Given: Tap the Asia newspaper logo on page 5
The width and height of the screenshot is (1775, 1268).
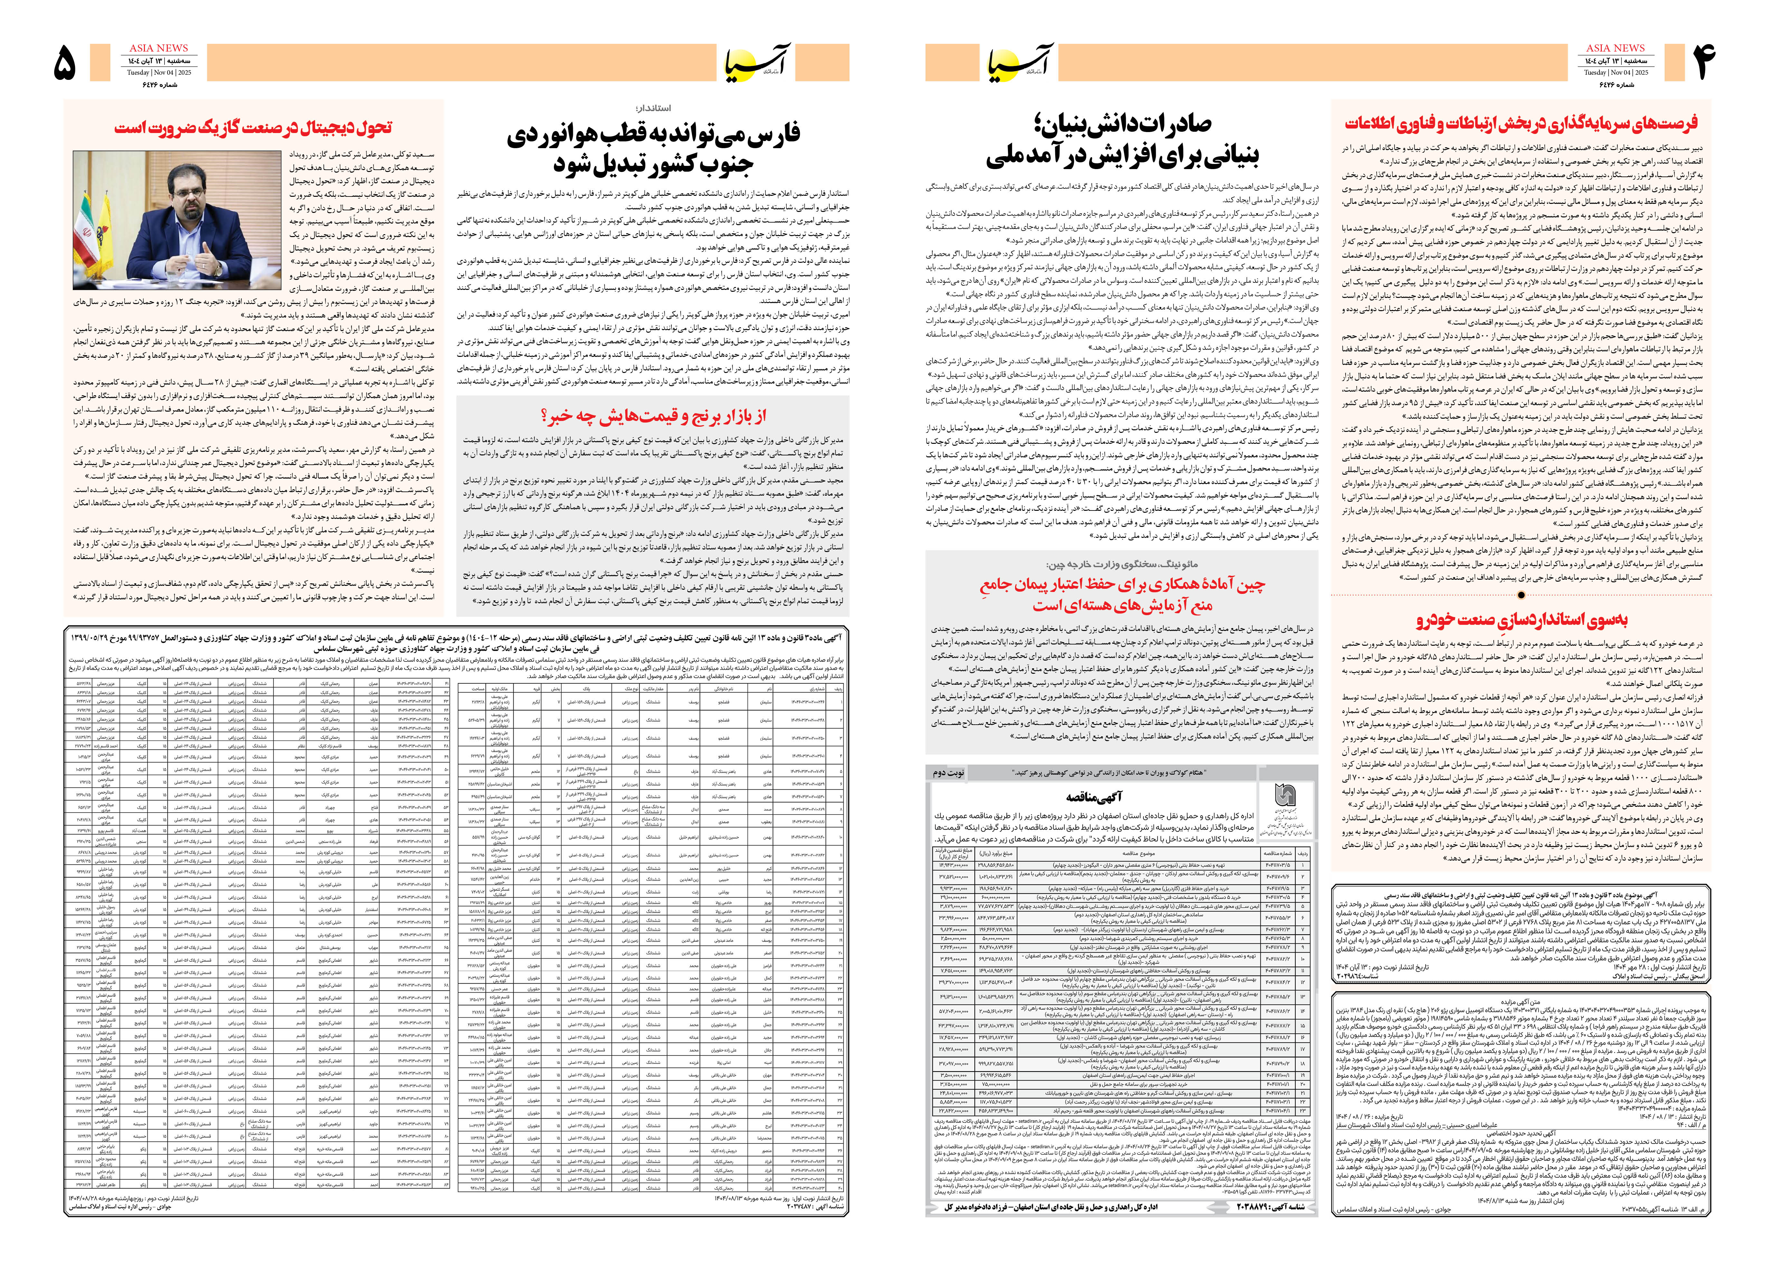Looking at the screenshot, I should tap(757, 62).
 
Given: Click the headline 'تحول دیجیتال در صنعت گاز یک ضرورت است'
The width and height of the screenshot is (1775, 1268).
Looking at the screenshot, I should tap(254, 127).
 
